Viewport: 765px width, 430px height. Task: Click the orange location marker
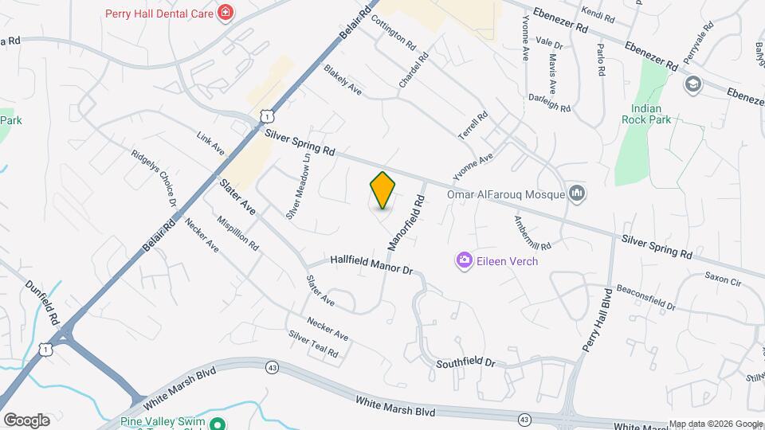pos(383,190)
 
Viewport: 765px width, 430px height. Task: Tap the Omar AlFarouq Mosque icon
pos(579,193)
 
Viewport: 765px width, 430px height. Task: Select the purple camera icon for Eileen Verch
pos(464,260)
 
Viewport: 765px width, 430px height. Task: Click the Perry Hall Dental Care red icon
pos(226,13)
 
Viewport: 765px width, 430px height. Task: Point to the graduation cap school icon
pos(693,83)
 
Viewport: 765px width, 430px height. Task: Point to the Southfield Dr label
pos(466,363)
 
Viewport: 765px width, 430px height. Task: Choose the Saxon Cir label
pos(723,280)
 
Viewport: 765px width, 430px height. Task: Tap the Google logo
pos(26,420)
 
